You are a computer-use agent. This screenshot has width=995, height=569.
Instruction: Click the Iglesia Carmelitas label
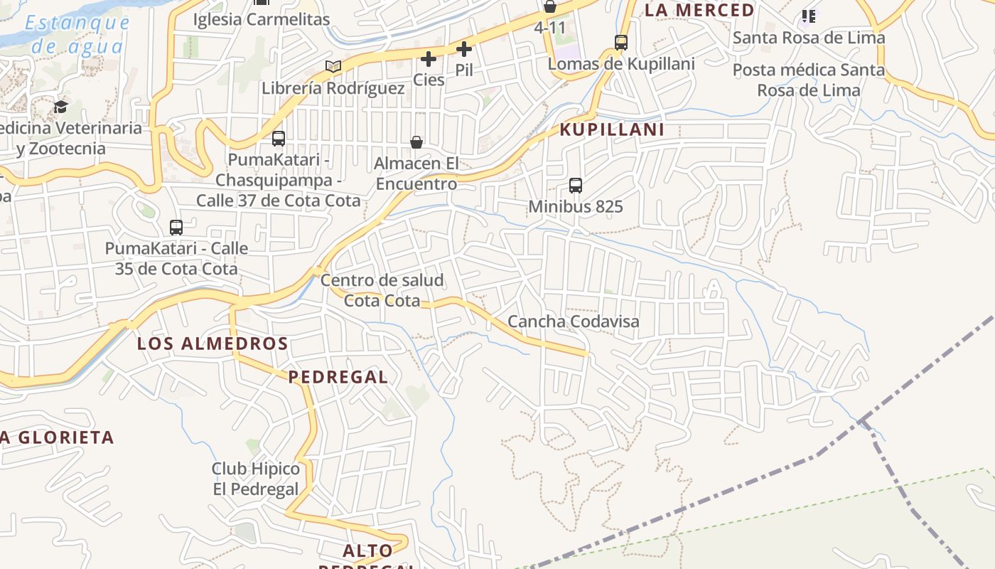click(262, 19)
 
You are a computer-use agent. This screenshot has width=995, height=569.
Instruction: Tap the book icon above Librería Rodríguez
click(333, 66)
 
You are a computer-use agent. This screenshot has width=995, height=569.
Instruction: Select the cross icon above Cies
click(429, 58)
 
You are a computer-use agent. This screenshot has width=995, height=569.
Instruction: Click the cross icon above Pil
click(464, 49)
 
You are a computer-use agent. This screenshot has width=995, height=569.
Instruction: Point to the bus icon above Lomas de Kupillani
click(621, 43)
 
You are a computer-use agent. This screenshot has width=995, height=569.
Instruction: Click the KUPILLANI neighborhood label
click(613, 129)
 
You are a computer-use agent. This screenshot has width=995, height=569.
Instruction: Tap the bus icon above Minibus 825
click(576, 186)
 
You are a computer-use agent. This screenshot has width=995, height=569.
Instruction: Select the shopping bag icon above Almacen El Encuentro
click(416, 142)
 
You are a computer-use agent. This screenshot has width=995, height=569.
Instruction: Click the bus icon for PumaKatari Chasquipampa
click(279, 138)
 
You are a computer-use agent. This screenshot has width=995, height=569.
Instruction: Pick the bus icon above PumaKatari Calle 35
click(176, 228)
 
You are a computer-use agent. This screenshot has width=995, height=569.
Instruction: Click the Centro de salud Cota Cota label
click(382, 290)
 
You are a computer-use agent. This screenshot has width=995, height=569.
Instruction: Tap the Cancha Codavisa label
click(574, 321)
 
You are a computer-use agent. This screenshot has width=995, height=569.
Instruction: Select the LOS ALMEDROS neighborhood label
click(213, 344)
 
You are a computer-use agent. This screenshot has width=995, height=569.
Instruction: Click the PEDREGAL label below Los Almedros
click(338, 377)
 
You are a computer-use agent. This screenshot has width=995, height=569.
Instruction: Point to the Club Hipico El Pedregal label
click(256, 479)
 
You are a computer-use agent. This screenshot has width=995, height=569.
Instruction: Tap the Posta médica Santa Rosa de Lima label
click(809, 80)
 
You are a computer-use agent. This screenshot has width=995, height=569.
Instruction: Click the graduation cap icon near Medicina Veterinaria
click(60, 107)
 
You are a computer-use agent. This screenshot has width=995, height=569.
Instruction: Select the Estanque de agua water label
click(77, 34)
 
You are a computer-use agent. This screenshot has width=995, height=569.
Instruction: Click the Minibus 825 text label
click(576, 207)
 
